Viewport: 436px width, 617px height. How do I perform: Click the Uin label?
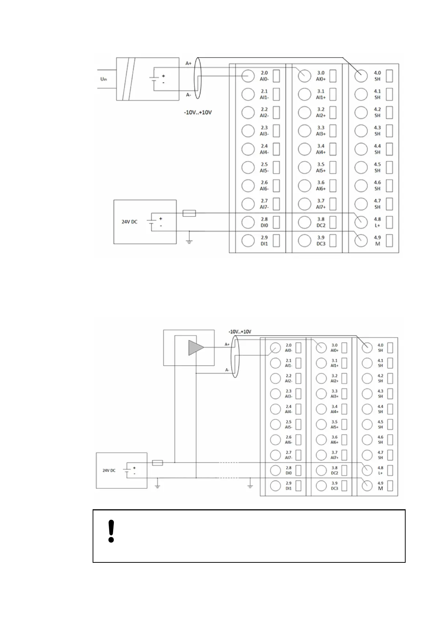coord(104,79)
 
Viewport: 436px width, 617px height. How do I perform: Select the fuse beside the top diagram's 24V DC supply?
coord(189,213)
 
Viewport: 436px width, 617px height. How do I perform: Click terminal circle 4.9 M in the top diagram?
coord(361,240)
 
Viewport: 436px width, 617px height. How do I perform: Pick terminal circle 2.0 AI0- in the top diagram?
coord(248,76)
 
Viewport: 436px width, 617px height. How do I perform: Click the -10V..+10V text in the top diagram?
coord(198,112)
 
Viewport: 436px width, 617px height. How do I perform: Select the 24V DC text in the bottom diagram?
coord(109,470)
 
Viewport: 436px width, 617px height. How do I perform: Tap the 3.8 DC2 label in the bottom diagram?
coord(334,470)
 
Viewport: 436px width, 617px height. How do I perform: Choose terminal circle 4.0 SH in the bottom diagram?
coord(367,347)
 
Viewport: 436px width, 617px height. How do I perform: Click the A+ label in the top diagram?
coord(189,63)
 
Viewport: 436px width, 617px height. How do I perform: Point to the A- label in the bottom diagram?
coord(227,370)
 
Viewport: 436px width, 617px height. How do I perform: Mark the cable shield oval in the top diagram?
coord(198,78)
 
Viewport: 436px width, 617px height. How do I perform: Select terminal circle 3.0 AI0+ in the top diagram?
coord(304,76)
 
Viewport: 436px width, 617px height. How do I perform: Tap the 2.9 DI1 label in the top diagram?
coord(264,240)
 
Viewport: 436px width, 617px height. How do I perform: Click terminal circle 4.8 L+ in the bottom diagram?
coord(367,470)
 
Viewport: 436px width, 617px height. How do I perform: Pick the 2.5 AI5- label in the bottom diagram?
coord(288,424)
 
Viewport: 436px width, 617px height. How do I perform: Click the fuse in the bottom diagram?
coord(157,463)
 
